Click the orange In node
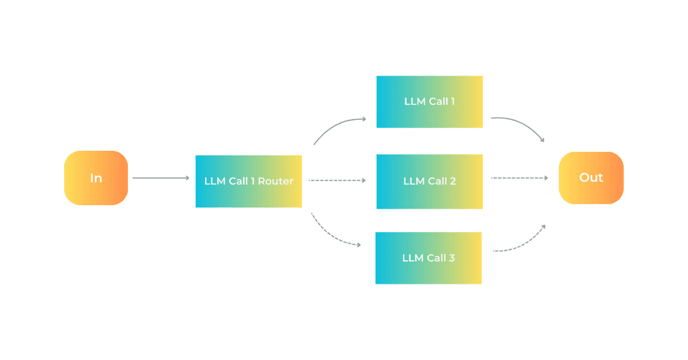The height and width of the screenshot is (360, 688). (96, 178)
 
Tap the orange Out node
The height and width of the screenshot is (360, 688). (591, 178)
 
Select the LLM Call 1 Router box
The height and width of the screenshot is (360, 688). (248, 181)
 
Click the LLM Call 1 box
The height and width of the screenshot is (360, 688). (429, 101)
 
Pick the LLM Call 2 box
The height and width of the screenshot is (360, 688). (429, 181)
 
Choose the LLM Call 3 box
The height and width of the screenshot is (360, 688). (428, 258)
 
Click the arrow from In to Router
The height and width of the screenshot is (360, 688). (160, 178)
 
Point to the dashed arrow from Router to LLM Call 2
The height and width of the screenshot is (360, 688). (336, 180)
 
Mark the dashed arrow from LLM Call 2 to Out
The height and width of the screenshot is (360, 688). (519, 178)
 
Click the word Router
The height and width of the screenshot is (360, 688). (275, 181)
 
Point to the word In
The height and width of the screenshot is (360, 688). (96, 178)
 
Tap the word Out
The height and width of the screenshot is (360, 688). (591, 178)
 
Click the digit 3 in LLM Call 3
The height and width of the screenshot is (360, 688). (451, 258)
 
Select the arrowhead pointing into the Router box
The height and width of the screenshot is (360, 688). (186, 178)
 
